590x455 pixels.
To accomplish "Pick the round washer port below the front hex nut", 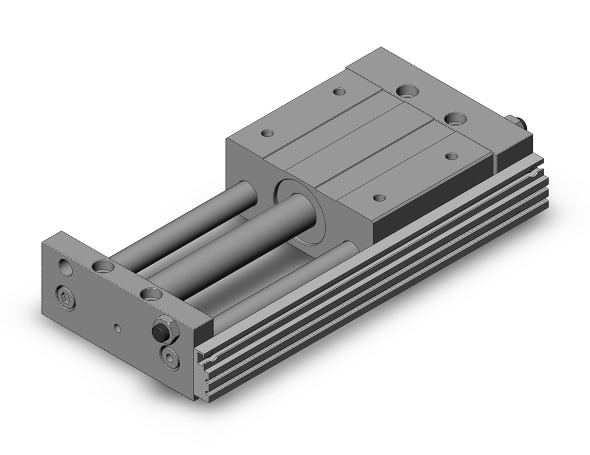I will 170,357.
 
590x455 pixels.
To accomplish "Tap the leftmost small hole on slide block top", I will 267,133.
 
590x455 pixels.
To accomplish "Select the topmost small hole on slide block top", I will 339,92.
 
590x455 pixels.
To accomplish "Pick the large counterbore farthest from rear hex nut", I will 407,91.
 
